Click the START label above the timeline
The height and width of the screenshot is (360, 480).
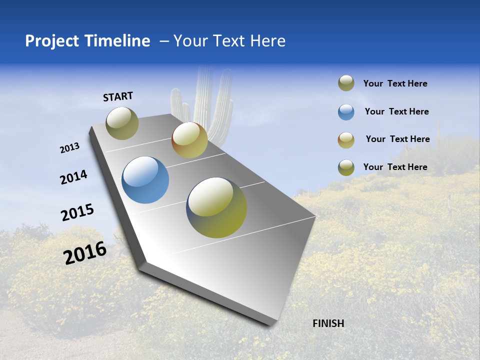(118, 96)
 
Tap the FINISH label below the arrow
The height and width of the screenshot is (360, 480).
(328, 323)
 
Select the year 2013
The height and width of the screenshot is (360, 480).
(69, 148)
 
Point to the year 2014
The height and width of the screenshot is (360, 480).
(73, 177)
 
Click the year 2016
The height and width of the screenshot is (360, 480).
(85, 253)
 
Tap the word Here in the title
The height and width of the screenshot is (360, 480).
(267, 41)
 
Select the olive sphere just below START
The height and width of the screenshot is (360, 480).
(122, 123)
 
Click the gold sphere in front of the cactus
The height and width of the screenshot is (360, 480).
(189, 140)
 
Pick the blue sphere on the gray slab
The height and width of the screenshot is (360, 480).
(145, 180)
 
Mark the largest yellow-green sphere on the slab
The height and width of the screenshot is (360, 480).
(216, 207)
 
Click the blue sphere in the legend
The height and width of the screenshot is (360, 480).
(346, 112)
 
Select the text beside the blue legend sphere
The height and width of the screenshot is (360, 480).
(396, 111)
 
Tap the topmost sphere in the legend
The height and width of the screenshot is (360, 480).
(346, 83)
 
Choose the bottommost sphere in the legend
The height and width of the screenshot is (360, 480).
(346, 167)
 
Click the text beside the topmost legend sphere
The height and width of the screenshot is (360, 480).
(395, 83)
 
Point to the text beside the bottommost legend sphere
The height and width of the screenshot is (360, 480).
(395, 167)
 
